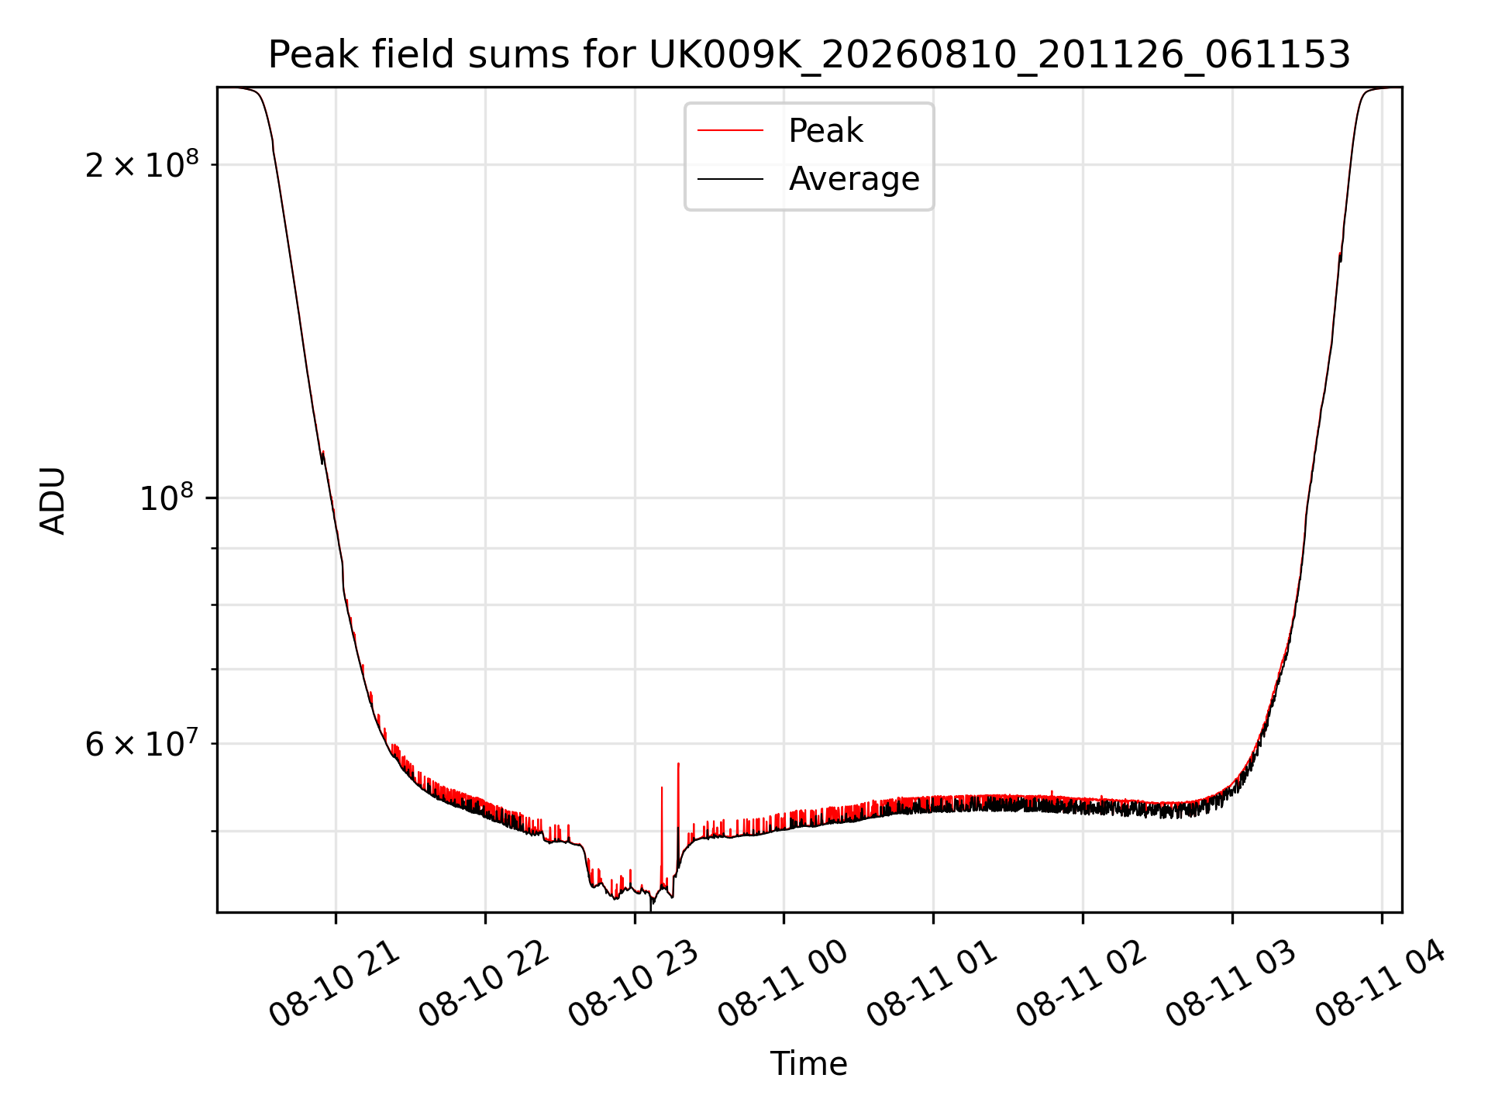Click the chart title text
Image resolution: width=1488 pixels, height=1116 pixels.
tap(809, 55)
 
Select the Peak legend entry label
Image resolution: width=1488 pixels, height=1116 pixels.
tap(825, 131)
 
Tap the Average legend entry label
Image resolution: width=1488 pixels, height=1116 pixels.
tap(854, 179)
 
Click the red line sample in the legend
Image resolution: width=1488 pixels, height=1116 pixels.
tap(730, 131)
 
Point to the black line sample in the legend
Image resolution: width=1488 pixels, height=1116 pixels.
tap(730, 179)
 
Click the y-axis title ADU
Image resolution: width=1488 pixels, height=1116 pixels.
tap(53, 500)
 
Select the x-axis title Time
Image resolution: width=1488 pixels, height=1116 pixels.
tap(808, 1063)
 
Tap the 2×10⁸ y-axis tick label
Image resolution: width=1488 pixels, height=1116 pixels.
tap(142, 164)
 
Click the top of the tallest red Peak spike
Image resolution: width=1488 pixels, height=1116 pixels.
tap(678, 763)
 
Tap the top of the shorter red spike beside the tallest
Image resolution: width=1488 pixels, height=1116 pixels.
tap(662, 787)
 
